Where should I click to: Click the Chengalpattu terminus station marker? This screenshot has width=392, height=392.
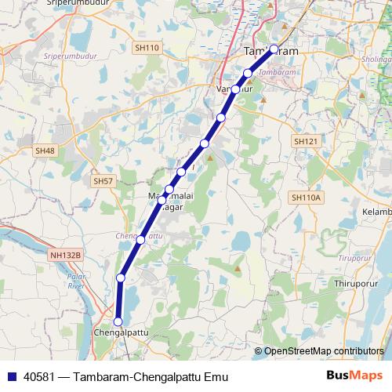click(x=118, y=321)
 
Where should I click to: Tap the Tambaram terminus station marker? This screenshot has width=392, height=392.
click(x=274, y=49)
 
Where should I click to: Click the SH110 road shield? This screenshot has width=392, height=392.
click(x=147, y=48)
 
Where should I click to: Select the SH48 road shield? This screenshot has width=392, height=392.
click(x=45, y=151)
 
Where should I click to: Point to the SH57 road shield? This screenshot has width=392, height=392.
click(x=103, y=180)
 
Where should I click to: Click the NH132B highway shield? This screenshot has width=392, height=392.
click(x=65, y=255)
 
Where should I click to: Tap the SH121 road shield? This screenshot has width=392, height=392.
click(x=305, y=141)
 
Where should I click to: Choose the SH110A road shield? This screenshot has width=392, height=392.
click(x=306, y=197)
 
